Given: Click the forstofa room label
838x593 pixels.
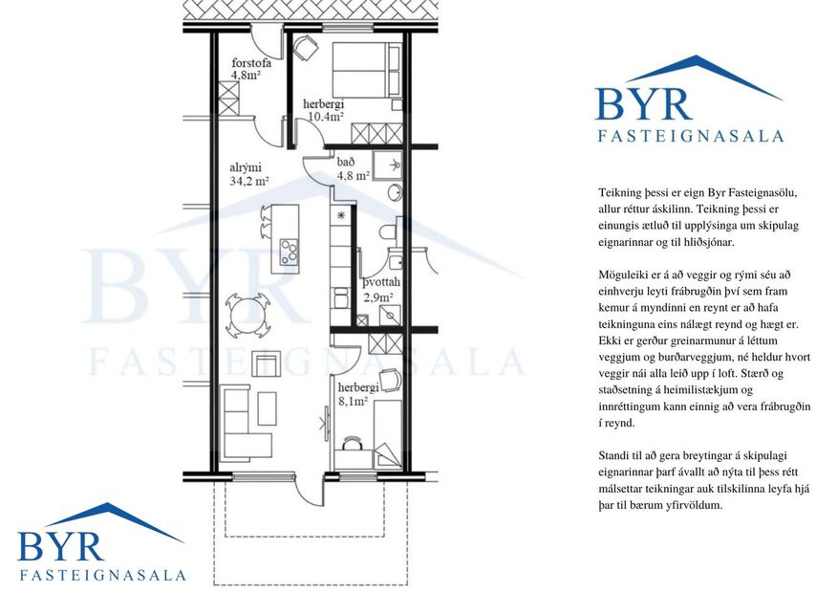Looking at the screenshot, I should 251,63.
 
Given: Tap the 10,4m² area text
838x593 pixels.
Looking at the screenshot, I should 325,118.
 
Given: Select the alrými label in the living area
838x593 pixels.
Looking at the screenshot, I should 245,166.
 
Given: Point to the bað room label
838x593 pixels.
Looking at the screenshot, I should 346,162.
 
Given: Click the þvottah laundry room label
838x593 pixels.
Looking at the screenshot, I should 380,284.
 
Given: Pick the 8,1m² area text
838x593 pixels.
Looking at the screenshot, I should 353,402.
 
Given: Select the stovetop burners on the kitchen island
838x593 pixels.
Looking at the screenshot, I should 288,252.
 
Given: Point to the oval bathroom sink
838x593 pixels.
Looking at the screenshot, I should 394,193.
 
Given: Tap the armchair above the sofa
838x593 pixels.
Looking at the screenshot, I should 265,363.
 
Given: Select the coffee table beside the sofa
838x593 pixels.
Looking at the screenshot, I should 267,408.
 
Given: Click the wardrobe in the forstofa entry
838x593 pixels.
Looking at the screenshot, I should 229,99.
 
